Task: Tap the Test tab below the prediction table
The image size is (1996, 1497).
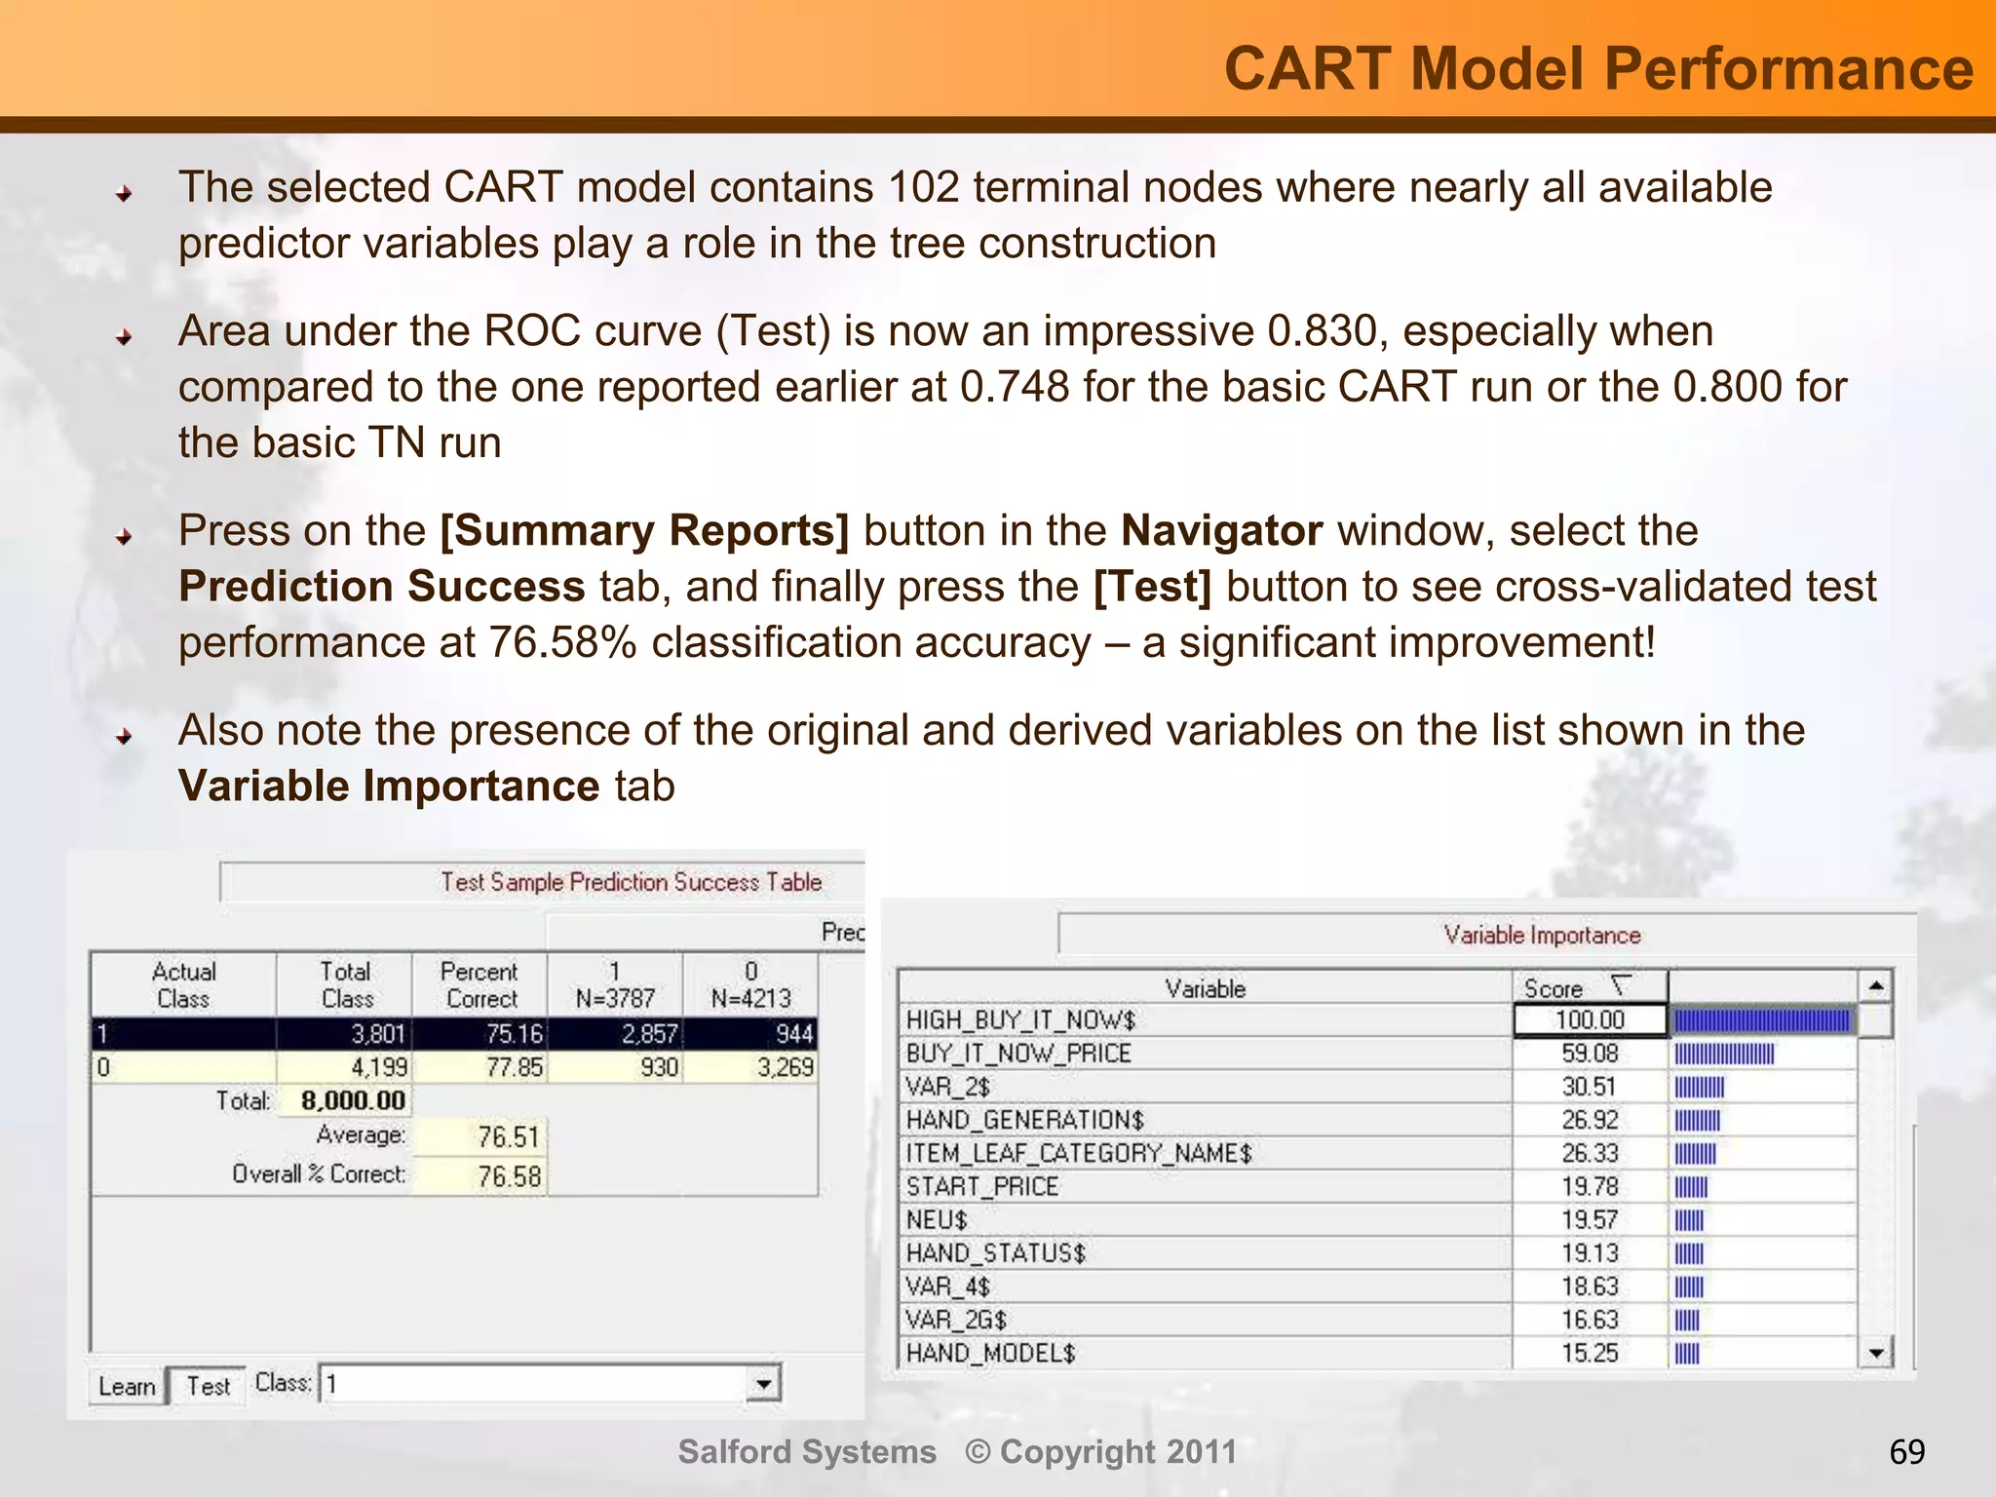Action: coord(208,1386)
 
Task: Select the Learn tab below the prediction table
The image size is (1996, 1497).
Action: coord(127,1386)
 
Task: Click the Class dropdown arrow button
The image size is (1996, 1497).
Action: coord(764,1384)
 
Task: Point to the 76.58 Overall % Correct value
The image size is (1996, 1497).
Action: coord(508,1176)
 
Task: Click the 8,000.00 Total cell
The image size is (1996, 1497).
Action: coord(352,1100)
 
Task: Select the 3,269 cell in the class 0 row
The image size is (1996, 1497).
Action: coord(785,1067)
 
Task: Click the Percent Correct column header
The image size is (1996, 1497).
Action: coord(480,984)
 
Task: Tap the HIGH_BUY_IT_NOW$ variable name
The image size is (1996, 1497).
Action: coord(1020,1020)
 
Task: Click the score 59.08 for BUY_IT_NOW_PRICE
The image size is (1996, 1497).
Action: coord(1589,1054)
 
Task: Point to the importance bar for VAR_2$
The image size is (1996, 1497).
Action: coord(1700,1088)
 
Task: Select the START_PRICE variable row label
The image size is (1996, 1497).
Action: coord(981,1187)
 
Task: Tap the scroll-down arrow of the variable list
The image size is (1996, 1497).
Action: coord(1875,1352)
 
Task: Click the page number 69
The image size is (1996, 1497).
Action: coord(1906,1452)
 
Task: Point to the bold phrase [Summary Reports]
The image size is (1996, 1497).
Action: coord(644,531)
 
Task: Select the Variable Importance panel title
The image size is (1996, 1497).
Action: coord(1542,936)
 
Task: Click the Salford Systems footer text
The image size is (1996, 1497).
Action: coord(807,1452)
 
